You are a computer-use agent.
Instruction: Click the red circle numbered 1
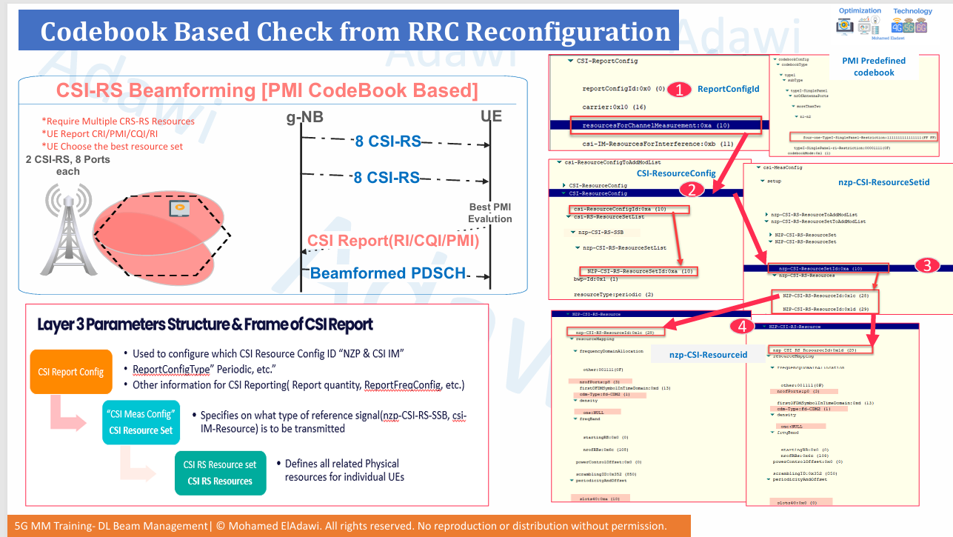[679, 90]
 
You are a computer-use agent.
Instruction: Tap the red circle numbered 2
[692, 190]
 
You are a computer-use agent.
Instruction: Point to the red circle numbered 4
[741, 324]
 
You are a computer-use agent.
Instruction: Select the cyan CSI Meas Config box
[141, 421]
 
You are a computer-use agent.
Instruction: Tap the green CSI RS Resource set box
[219, 473]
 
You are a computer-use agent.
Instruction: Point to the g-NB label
[305, 118]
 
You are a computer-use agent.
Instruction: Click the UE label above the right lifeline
[492, 118]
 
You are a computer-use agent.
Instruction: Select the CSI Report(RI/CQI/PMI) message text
[393, 241]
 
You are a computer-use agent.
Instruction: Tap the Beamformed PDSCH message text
[387, 273]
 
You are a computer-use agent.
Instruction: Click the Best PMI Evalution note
[489, 213]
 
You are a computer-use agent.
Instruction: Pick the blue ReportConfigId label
[729, 89]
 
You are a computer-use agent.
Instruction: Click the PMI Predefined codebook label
[874, 67]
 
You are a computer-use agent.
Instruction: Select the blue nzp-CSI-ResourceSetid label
[883, 181]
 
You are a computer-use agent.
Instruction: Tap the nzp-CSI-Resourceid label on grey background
[708, 355]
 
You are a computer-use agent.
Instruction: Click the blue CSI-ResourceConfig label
[676, 173]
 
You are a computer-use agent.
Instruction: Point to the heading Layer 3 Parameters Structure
[205, 324]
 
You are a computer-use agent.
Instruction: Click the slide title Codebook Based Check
[355, 31]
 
